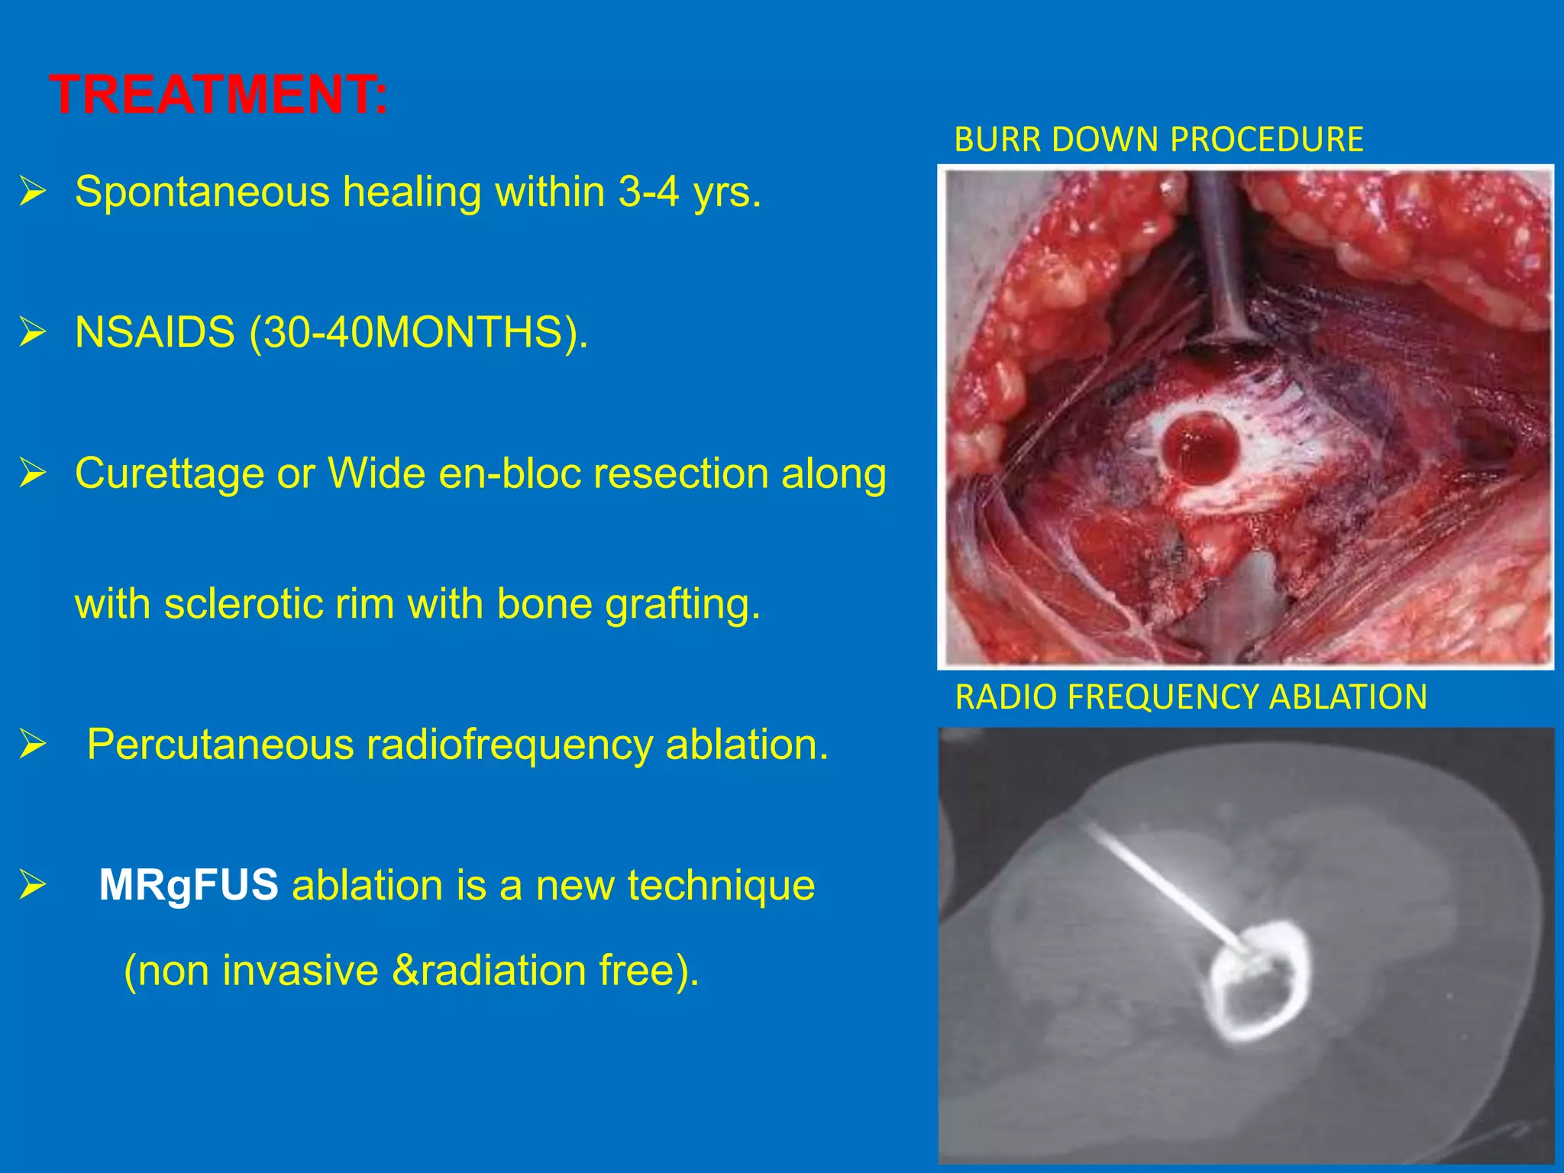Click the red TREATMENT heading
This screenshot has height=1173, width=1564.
coord(219,95)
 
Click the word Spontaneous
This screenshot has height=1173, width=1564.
coord(202,192)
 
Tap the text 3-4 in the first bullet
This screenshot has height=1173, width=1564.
coord(648,192)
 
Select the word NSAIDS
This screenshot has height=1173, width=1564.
coord(155,333)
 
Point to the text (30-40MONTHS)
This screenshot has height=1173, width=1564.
coord(419,333)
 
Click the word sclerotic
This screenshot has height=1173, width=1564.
coord(252,604)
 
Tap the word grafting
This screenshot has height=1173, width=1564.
coord(683,604)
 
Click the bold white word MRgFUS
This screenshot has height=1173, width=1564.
coord(189,886)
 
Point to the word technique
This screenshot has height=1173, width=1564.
coord(721,886)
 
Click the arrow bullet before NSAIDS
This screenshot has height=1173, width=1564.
coord(34,333)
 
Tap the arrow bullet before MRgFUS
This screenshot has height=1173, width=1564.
coord(34,886)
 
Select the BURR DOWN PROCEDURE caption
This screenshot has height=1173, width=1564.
coord(1158,140)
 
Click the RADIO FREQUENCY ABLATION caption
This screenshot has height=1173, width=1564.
coord(1191,697)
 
